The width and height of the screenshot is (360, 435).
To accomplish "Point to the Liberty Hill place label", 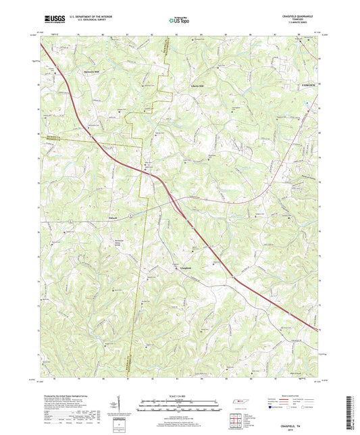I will pos(194,86).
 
